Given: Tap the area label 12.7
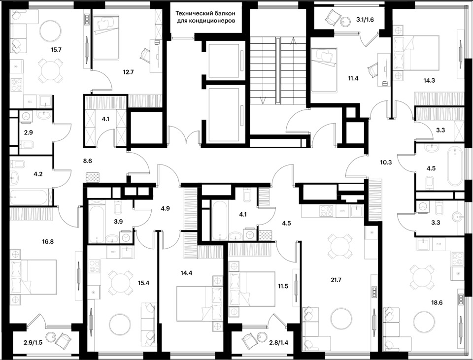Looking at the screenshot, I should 129,72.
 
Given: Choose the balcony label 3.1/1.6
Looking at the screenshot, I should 365,20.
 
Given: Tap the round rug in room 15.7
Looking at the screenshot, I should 49,31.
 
